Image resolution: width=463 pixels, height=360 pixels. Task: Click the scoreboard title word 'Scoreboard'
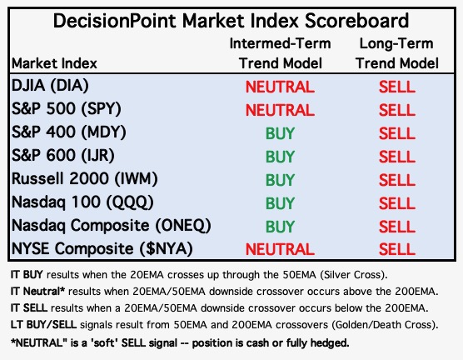(x=356, y=21)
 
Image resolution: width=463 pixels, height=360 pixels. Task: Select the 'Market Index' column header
(x=54, y=63)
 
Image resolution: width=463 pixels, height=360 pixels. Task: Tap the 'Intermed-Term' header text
(x=280, y=43)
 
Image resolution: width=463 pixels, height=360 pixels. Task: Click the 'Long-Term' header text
(x=396, y=43)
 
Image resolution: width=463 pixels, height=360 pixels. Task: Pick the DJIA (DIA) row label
(x=50, y=86)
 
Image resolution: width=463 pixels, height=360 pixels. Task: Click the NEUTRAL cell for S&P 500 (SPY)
(x=280, y=110)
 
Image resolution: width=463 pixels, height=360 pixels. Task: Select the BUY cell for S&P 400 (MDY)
(x=280, y=133)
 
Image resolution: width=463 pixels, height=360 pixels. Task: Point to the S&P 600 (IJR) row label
(x=63, y=156)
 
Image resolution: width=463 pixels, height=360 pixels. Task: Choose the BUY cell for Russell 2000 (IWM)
(x=280, y=180)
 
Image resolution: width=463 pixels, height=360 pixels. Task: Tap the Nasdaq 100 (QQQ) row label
(x=82, y=202)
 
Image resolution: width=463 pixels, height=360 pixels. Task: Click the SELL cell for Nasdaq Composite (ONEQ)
(x=397, y=227)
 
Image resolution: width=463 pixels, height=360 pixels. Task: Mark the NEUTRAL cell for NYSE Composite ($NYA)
(x=280, y=249)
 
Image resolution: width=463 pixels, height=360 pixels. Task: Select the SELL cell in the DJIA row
(x=397, y=87)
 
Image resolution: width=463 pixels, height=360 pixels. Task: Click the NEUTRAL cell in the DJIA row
(x=280, y=87)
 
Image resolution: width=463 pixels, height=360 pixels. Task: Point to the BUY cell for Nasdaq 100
(x=280, y=203)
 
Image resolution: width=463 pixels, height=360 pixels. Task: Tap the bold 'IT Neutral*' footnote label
(x=37, y=292)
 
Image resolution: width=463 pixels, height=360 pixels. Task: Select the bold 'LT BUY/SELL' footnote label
(x=43, y=325)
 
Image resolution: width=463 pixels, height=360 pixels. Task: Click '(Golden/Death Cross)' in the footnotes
(x=385, y=325)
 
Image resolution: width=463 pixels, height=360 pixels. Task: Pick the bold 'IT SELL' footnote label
(x=29, y=308)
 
